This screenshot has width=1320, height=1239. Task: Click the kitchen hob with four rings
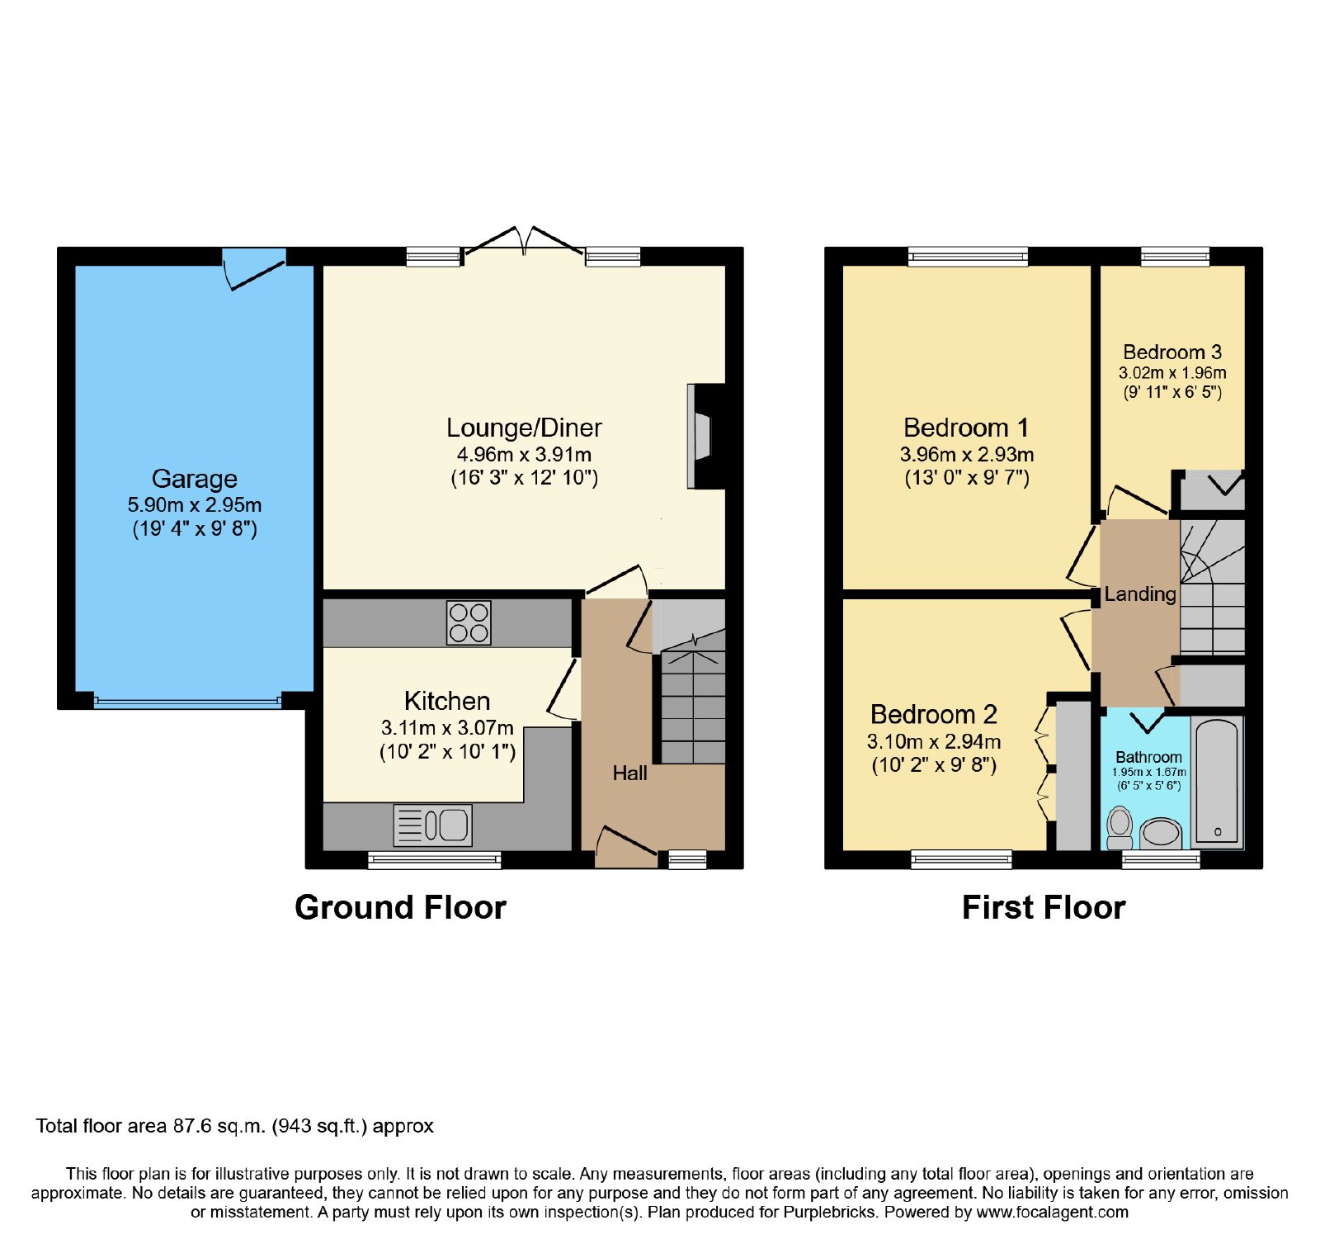coord(469,622)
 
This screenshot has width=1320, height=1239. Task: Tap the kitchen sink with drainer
coord(433,825)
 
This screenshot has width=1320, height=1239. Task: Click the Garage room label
coord(195,479)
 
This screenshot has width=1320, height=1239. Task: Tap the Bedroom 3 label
coord(1172,352)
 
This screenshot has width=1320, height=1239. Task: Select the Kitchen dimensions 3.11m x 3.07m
coord(447,728)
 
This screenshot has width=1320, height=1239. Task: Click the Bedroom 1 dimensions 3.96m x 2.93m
coord(967,454)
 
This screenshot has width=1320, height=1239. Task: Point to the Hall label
coord(630,773)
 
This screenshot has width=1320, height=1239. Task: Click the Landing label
coord(1140,594)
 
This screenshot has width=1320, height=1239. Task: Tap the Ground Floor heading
coord(400,908)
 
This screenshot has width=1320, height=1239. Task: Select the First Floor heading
coord(1044,908)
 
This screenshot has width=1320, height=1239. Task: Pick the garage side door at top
coord(255,267)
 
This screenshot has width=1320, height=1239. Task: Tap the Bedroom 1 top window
coord(968,257)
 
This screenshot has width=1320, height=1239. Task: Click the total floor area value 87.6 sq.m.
coord(219,1127)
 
